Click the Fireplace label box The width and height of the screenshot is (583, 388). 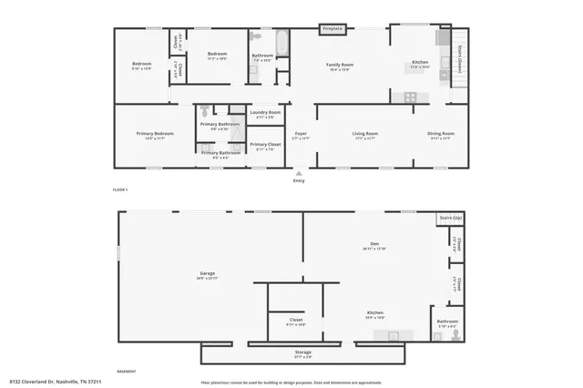(332, 29)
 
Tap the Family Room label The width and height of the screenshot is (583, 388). (340, 65)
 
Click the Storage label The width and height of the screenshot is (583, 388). (302, 352)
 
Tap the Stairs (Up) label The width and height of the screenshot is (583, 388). (450, 219)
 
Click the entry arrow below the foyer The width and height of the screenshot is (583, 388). (299, 172)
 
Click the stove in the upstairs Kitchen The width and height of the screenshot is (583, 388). (410, 96)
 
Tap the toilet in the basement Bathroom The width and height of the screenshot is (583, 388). (456, 334)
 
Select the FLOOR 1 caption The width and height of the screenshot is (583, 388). (120, 189)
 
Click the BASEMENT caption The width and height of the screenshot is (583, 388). (127, 371)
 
